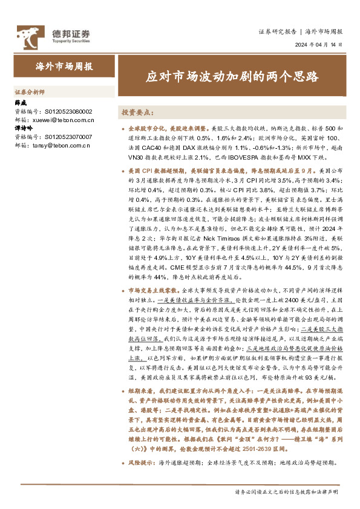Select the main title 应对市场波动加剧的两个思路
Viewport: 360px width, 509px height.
234,76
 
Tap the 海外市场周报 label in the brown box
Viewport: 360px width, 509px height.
59,66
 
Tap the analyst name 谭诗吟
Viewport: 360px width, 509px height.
24,129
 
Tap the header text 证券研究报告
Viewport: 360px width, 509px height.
277,31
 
